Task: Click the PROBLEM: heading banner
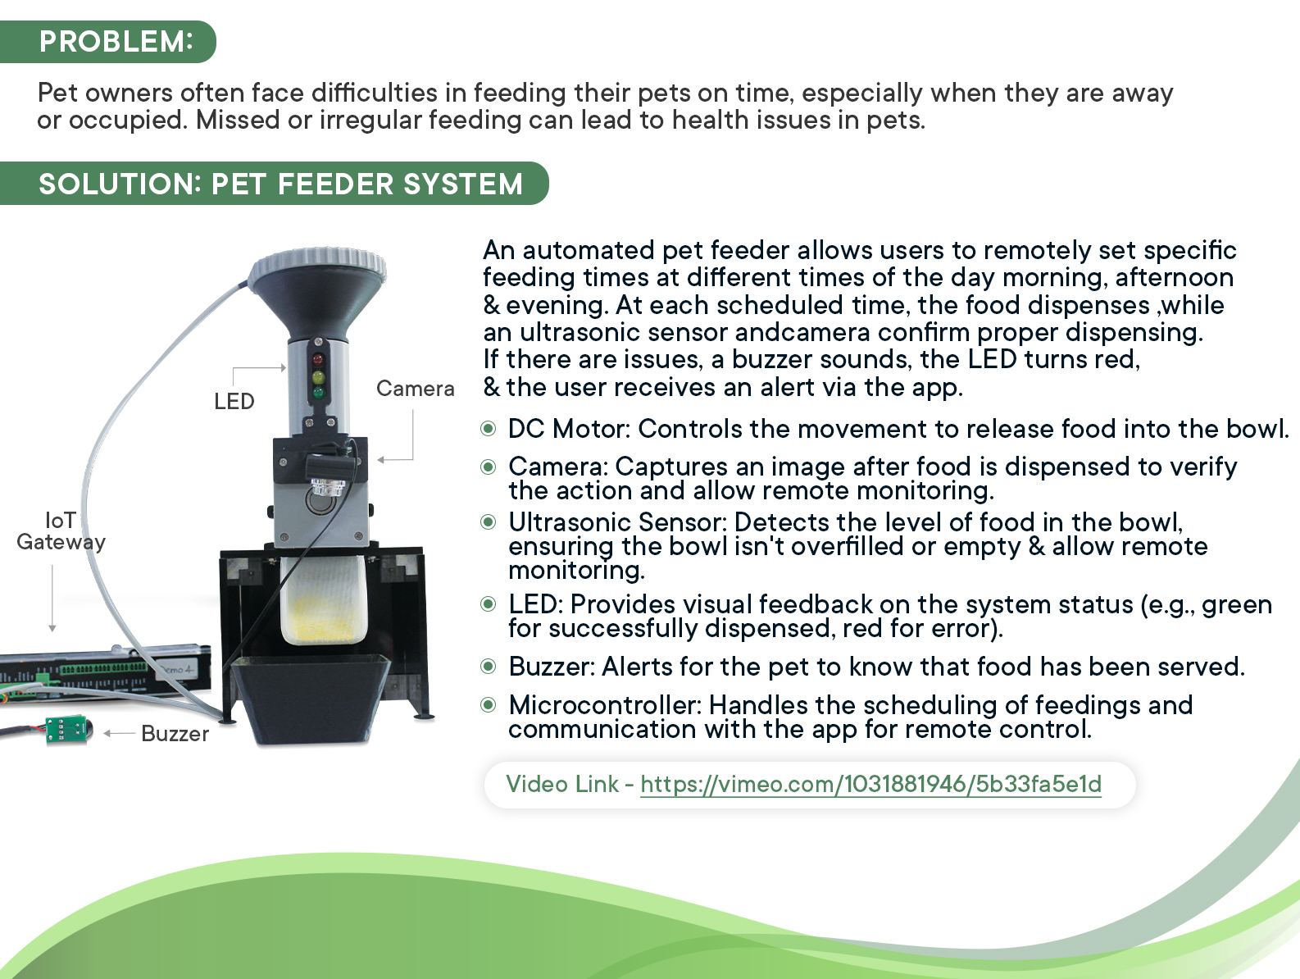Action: pos(108,42)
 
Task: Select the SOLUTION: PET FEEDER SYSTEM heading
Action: pos(275,184)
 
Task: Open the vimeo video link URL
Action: pos(870,784)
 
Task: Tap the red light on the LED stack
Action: pos(318,360)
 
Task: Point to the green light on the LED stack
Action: pos(318,392)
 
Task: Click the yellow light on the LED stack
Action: pos(318,376)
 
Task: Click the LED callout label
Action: pos(234,402)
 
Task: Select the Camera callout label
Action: pos(416,389)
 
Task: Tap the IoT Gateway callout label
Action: pos(61,531)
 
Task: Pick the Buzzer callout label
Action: pos(175,734)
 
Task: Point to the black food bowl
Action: pos(310,699)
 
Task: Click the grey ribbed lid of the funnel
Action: pos(318,266)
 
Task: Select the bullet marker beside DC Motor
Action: pos(488,428)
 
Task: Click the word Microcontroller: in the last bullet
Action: pos(605,705)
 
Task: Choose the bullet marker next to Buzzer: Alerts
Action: pos(488,667)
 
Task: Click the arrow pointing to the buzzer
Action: pos(120,733)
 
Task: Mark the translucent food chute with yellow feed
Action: pos(323,599)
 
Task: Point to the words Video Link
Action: pos(562,784)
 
